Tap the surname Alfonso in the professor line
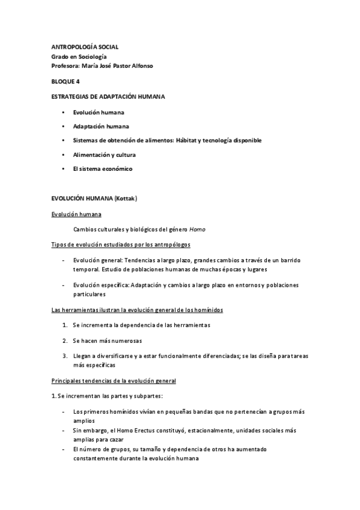tap(140, 66)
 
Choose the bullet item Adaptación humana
tap(100, 126)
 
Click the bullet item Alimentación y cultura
tap(104, 155)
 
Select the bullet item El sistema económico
tap(102, 169)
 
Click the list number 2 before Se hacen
tap(64, 340)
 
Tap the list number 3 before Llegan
tap(64, 355)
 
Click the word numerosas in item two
tap(124, 340)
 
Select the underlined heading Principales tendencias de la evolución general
tap(113, 381)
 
